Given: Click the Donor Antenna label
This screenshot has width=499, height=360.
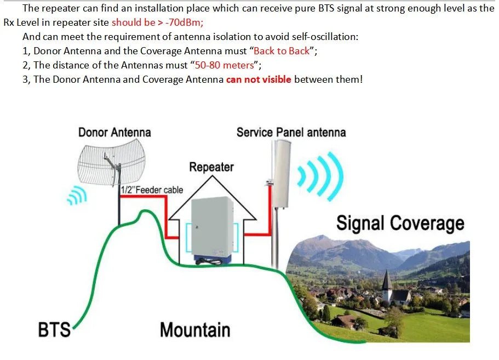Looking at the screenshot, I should coord(114,132).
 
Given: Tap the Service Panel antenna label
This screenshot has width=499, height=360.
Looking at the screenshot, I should coord(291,132).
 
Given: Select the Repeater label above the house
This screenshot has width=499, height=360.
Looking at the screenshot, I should coord(211,167).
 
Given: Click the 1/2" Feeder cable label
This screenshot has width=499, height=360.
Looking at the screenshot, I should coord(152,190).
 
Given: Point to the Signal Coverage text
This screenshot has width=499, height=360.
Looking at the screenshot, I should coord(400,223).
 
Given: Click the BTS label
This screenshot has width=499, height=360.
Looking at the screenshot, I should coord(54,330).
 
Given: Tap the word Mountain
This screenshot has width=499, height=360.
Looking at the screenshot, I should coord(194,330).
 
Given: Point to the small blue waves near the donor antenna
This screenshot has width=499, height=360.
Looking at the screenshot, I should coord(76,195).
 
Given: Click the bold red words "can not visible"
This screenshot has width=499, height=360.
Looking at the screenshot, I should coord(259,79).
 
